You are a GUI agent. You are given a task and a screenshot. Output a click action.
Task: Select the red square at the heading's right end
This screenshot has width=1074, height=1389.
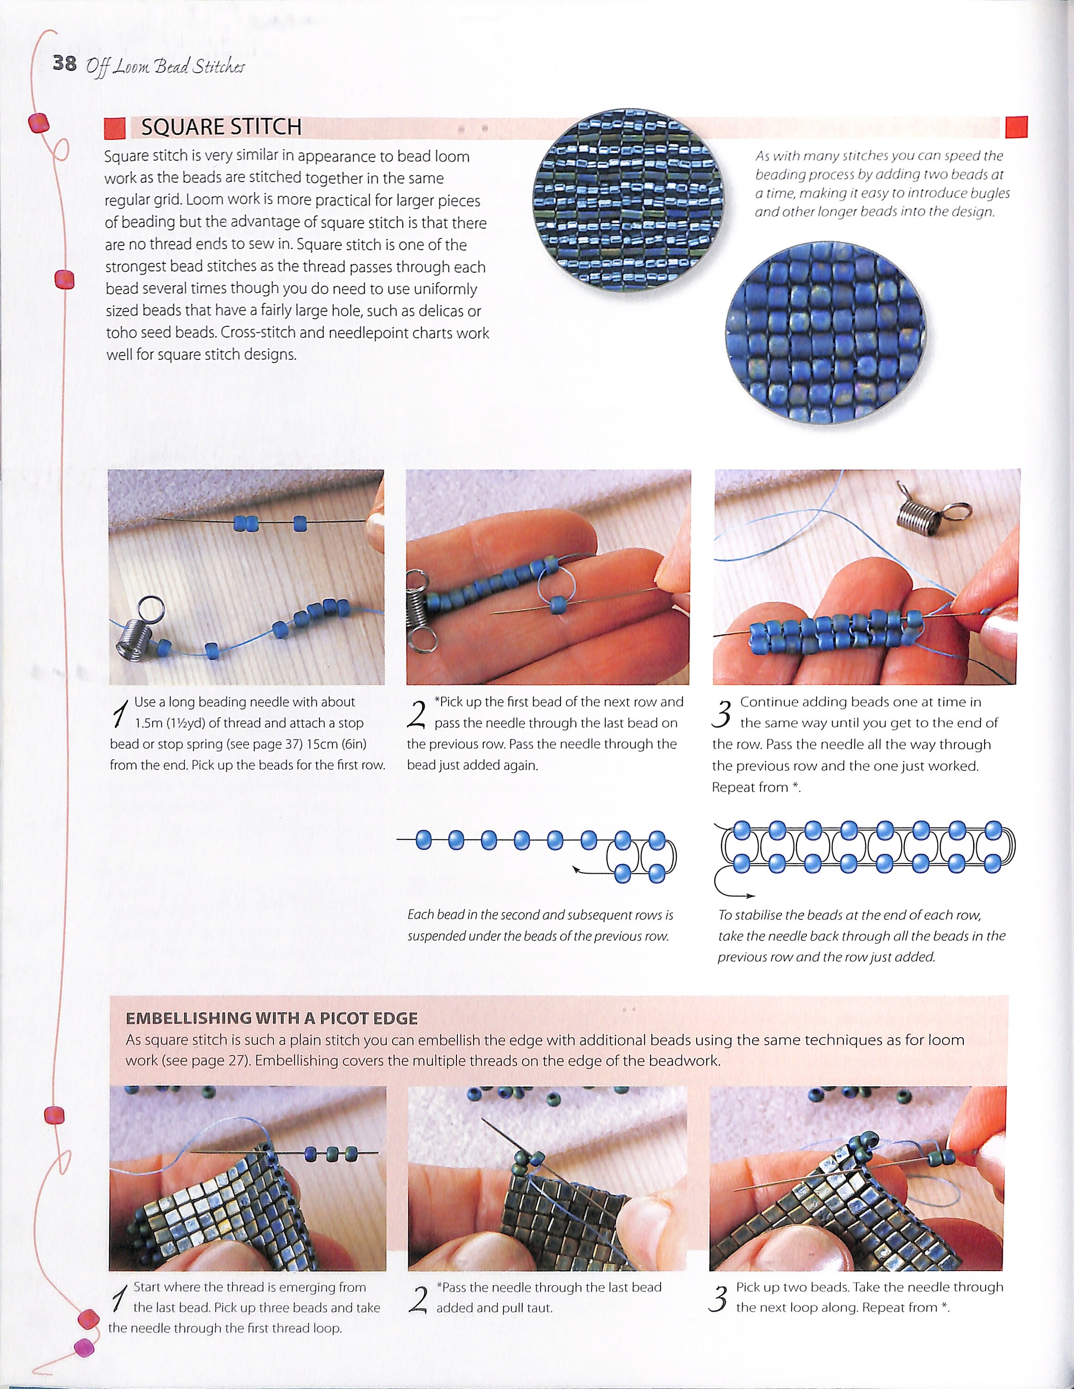point(1017,126)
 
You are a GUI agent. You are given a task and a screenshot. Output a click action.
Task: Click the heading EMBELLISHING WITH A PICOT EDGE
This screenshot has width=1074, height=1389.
point(272,1018)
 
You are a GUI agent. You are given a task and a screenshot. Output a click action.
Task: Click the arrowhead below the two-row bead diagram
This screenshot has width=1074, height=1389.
point(751,896)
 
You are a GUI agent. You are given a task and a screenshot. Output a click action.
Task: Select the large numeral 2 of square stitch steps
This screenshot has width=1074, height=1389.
point(417,714)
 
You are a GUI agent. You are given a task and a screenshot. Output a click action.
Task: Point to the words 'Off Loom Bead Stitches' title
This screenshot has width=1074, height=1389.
point(165,66)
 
